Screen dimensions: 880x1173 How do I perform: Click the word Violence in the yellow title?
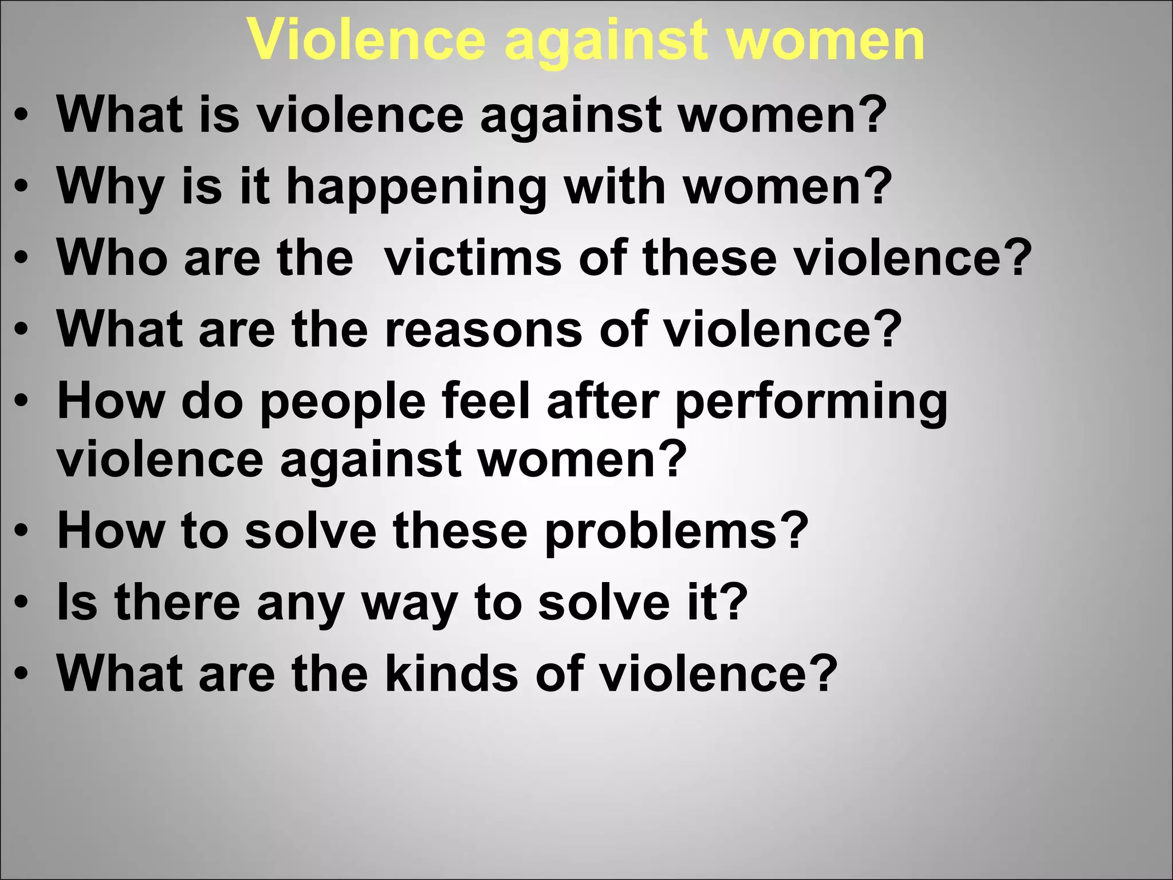click(x=367, y=40)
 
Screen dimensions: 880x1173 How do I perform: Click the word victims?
click(x=473, y=258)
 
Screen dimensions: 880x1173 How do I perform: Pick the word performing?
click(x=811, y=403)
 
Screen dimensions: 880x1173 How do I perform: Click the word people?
click(x=343, y=403)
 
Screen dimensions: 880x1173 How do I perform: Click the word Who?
click(x=112, y=258)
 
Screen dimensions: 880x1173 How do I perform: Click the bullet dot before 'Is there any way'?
click(x=21, y=603)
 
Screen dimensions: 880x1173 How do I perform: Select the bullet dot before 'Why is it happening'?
click(x=21, y=186)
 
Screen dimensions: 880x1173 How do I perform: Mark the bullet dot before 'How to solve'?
click(x=21, y=531)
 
